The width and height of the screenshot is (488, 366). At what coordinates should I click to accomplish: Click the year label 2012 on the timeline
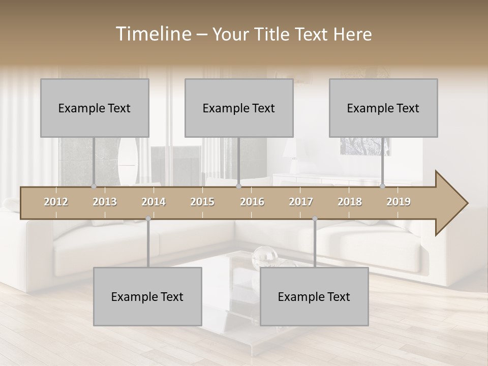[56, 202]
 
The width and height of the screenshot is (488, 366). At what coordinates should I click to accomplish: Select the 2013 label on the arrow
[105, 202]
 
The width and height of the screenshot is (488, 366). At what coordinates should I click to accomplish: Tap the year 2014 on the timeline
[154, 202]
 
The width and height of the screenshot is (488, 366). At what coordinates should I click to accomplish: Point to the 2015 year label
[202, 202]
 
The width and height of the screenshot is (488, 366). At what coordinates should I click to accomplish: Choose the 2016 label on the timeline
[252, 202]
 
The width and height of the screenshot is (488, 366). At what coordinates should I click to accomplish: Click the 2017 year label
[301, 202]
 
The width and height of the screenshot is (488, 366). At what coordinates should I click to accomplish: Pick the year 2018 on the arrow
[350, 202]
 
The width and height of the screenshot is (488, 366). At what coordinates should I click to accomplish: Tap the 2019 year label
[399, 202]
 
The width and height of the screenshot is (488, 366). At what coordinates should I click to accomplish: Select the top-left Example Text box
[95, 108]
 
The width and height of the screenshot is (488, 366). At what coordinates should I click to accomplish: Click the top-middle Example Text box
[239, 108]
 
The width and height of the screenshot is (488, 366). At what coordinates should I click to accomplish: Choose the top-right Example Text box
[383, 108]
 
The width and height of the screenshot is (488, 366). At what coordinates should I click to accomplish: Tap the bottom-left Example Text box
[147, 296]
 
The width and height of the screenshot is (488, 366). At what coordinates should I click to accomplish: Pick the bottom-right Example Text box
[314, 296]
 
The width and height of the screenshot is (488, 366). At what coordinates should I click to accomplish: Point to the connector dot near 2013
[94, 187]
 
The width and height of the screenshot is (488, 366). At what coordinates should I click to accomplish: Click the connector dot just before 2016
[238, 187]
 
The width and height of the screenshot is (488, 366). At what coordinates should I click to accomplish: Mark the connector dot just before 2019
[383, 187]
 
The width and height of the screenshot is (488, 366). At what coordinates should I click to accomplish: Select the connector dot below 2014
[148, 219]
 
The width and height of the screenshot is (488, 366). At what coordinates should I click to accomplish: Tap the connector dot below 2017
[315, 219]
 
